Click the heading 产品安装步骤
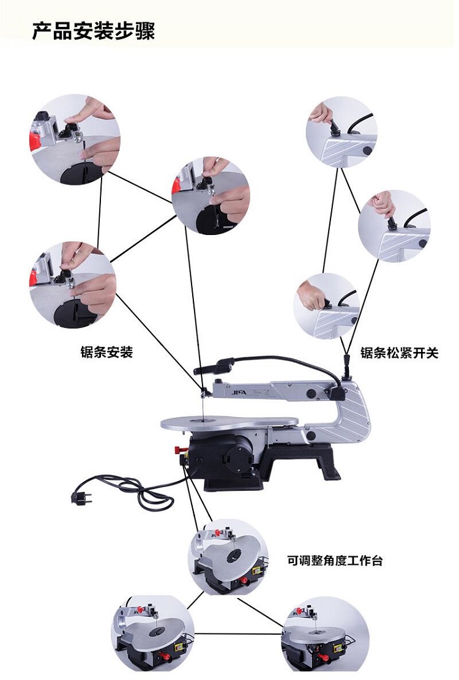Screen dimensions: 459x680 coord(94,31)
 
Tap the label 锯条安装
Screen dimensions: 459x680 coord(106,352)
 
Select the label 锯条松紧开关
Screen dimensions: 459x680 coord(399,353)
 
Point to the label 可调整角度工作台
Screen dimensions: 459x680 coord(335,560)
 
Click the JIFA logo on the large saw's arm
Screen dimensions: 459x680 coord(239,392)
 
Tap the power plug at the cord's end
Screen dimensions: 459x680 coord(81,496)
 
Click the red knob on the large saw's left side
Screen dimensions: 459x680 coord(178,449)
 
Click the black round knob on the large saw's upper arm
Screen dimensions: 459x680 coord(311,394)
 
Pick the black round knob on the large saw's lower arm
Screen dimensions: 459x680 coord(311,435)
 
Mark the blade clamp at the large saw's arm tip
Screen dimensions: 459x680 coord(204,392)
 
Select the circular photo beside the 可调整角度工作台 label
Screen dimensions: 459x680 coord(228,557)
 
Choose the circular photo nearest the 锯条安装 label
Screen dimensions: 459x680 coord(73,285)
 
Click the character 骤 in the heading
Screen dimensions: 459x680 coord(145,31)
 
